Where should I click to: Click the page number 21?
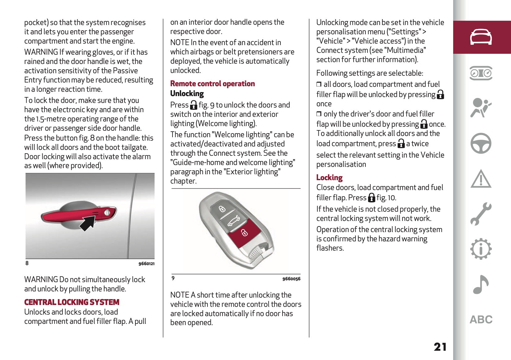point(440,347)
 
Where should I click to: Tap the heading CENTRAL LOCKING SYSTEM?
point(72,302)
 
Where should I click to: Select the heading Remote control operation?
point(212,83)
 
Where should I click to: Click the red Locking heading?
point(329,177)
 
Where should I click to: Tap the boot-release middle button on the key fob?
point(233,221)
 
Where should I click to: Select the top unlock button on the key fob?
point(222,209)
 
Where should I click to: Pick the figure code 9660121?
point(146,264)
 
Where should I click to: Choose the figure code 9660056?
point(291,279)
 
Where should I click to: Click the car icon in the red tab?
point(481,37)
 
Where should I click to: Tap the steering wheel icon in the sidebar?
point(481,143)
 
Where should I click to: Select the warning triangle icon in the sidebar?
point(481,179)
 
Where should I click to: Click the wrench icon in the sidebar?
point(481,214)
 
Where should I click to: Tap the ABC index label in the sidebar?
point(481,320)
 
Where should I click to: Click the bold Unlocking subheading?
point(187,93)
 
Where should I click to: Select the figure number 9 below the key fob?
point(173,278)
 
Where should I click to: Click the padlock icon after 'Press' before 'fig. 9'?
point(194,105)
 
